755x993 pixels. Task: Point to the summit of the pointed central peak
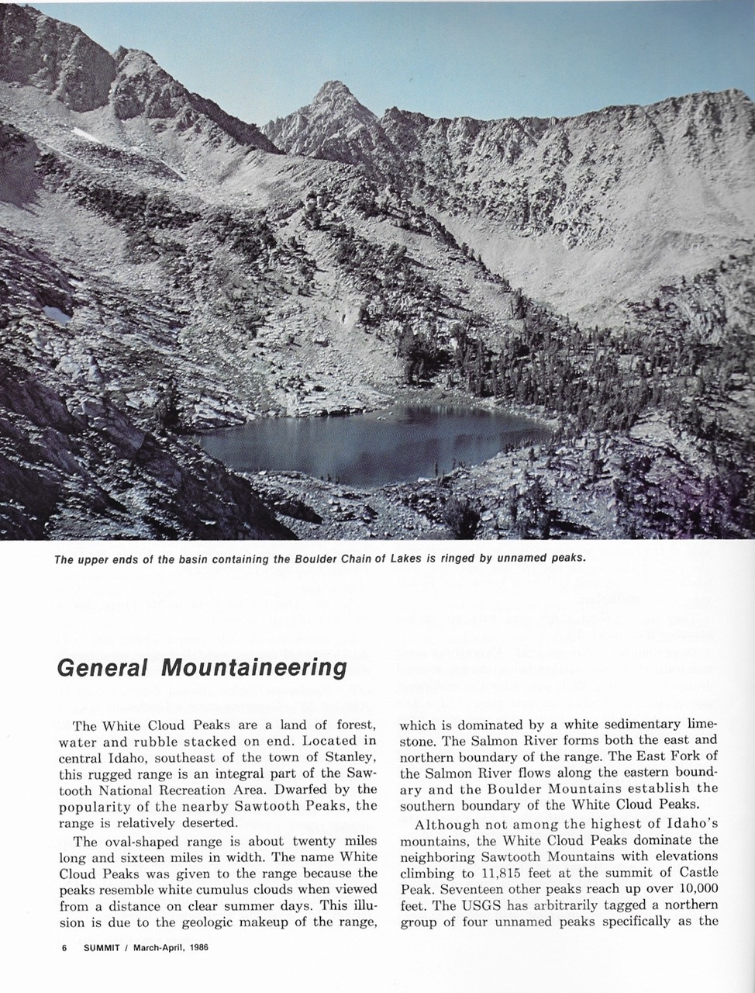point(334,83)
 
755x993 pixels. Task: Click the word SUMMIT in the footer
point(102,947)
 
